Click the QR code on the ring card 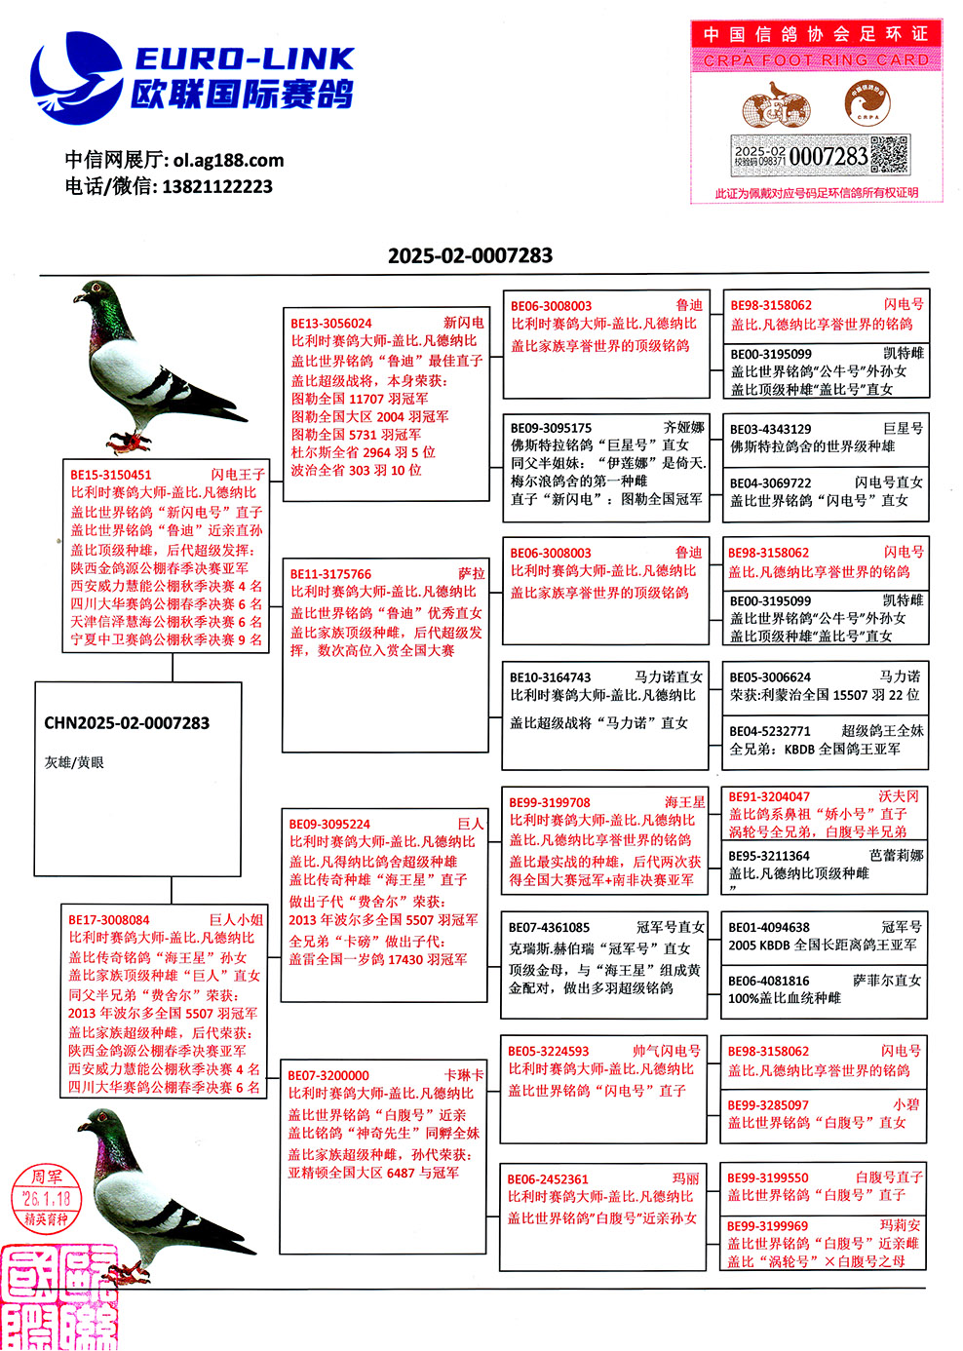(888, 155)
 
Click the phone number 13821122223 (217, 186)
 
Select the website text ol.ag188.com (228, 160)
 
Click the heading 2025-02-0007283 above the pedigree (470, 255)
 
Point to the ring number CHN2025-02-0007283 (127, 723)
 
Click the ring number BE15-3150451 (111, 475)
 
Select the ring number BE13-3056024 (331, 323)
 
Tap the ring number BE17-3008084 (109, 919)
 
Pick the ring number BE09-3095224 (329, 824)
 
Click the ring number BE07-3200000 (328, 1075)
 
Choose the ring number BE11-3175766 (331, 574)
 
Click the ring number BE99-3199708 (550, 802)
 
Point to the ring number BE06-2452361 (548, 1178)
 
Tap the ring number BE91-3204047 (769, 796)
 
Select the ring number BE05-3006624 (770, 676)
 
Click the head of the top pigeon (94, 292)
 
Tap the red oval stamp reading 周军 (47, 1198)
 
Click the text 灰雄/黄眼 (74, 762)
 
